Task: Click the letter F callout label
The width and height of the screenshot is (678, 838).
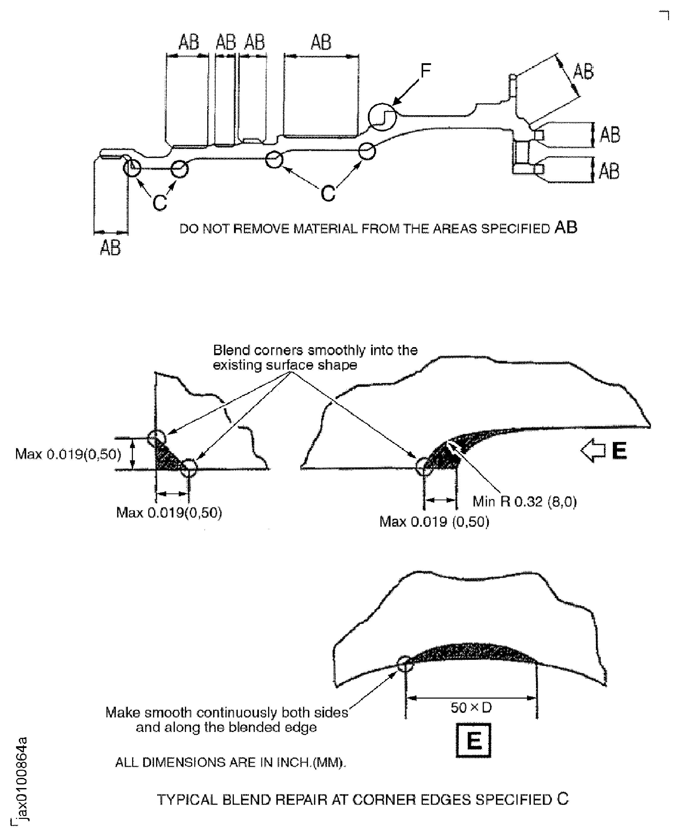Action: coord(425,71)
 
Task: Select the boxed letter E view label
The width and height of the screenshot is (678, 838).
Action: coord(473,740)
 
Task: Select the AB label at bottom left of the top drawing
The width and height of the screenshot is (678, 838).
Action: coord(110,248)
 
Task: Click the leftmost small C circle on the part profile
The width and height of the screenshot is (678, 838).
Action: coord(132,168)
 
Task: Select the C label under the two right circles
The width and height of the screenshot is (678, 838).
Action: coord(328,193)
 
